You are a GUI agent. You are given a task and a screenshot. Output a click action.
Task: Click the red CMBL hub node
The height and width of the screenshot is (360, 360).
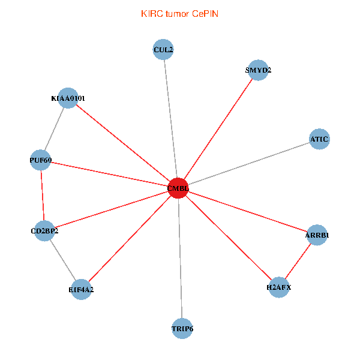[x=178, y=188]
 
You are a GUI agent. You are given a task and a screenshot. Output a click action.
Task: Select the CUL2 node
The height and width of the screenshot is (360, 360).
[x=163, y=49]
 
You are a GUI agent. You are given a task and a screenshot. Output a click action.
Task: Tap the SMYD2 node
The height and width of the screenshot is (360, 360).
[x=258, y=70]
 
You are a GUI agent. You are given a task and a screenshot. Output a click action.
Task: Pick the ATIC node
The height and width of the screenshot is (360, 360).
[x=319, y=139]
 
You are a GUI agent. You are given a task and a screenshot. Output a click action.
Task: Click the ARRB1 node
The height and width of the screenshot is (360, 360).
[x=317, y=235]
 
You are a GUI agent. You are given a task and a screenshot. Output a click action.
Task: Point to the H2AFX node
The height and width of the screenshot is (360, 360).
[x=279, y=287]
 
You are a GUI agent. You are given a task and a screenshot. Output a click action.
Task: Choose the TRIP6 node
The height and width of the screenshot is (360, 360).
[x=182, y=329]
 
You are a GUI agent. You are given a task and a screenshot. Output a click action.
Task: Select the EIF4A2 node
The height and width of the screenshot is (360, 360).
[x=81, y=290]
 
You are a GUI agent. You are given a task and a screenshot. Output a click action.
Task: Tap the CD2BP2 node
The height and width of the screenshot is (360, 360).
[x=44, y=231]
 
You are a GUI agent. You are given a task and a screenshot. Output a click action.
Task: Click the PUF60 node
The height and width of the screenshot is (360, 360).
[x=40, y=160]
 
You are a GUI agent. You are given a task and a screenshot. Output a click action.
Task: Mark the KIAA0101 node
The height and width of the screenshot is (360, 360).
[x=68, y=98]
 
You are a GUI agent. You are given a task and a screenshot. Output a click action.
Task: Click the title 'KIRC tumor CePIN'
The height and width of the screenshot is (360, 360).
[x=179, y=14]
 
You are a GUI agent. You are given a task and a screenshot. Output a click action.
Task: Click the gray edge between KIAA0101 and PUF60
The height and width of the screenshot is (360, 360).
[x=54, y=129]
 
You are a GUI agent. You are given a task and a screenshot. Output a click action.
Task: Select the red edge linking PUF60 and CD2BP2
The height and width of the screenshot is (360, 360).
[x=43, y=196]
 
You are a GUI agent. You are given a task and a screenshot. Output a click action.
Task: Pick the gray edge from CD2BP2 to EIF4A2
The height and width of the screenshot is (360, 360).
[x=63, y=260]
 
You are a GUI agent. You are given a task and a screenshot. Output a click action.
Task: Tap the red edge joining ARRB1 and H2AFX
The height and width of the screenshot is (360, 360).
[x=298, y=261]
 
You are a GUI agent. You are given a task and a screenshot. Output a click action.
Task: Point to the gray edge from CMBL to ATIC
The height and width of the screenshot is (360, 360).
[x=248, y=163]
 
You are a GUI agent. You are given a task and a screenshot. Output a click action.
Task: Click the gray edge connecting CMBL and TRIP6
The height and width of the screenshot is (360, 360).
[x=180, y=258]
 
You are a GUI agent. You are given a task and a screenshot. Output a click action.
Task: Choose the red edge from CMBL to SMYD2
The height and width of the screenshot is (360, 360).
[x=218, y=129]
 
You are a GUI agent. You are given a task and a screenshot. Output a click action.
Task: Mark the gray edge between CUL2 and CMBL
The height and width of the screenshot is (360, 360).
[x=170, y=119]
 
